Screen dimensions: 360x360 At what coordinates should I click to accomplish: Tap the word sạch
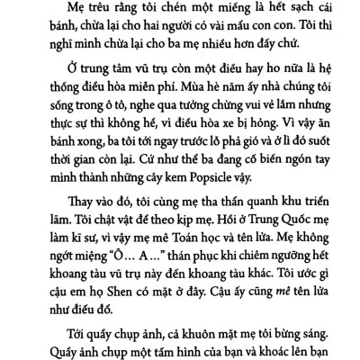pos(285,10)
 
